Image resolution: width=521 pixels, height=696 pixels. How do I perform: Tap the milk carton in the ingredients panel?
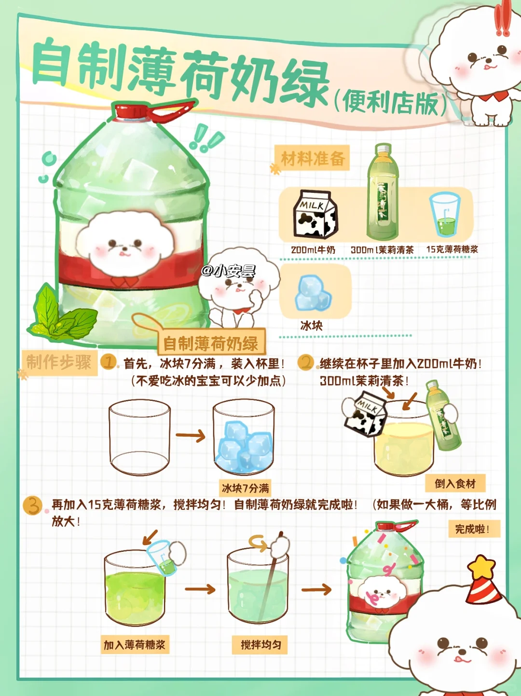[x=315, y=214]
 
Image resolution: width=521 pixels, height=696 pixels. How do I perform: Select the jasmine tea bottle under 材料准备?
[x=383, y=191]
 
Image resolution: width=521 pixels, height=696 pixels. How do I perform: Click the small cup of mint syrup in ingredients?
[x=444, y=215]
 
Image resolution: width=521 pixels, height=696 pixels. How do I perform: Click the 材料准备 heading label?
[x=312, y=158]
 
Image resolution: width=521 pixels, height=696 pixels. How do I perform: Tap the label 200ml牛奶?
[x=313, y=250]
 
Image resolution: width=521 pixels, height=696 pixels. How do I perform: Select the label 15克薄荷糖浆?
[x=452, y=249]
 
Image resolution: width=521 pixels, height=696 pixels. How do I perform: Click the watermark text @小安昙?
[x=228, y=271]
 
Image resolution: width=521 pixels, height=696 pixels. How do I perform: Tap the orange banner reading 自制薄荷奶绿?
[x=211, y=343]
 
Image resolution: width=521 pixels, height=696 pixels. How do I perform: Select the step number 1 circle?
[x=108, y=362]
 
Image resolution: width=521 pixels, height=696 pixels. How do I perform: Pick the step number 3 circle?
[x=32, y=506]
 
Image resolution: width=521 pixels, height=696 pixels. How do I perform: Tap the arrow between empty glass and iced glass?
[x=191, y=436]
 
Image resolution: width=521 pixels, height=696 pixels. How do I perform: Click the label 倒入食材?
[x=455, y=484]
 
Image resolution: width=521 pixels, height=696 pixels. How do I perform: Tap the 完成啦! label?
[x=474, y=529]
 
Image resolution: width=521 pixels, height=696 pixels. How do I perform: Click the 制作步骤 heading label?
[x=59, y=362]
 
